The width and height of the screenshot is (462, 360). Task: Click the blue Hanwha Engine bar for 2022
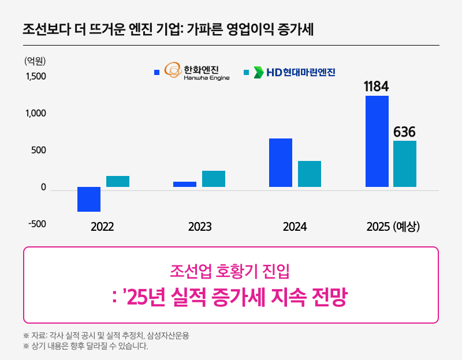point(89,199)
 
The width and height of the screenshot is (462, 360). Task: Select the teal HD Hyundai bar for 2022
point(118,182)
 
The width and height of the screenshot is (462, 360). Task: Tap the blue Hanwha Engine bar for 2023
point(185,185)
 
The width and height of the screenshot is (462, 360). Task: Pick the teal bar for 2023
point(214,179)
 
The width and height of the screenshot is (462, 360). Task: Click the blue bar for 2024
point(281,163)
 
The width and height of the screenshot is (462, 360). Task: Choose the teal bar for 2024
point(310,174)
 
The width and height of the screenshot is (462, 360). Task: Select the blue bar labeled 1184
point(377,141)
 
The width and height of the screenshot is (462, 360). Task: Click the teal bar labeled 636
point(405,164)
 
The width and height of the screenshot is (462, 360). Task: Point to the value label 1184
point(376,87)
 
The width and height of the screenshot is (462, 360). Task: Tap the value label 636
point(404,132)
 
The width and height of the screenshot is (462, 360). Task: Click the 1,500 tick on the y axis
point(36,77)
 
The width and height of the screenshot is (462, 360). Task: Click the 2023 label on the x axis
point(200,227)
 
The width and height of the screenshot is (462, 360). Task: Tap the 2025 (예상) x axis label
point(393,227)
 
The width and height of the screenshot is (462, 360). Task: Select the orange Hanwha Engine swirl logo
point(173,70)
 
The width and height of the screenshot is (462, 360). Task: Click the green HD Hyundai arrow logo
point(259,73)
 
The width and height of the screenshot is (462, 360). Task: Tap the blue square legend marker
point(157,73)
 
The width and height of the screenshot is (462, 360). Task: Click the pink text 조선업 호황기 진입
point(230,270)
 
